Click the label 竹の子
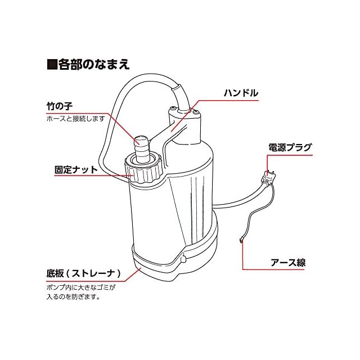pos(61,105)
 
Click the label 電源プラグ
pos(289,148)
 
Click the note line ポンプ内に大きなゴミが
pos(80,287)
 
